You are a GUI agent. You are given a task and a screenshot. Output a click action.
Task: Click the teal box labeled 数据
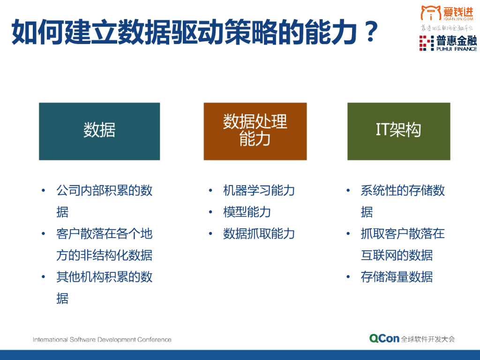tap(99, 131)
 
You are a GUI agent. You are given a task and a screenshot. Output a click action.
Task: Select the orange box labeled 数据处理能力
tap(255, 131)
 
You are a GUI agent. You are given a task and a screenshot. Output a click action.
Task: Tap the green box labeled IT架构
tap(398, 131)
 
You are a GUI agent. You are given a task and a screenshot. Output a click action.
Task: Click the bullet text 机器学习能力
tap(259, 191)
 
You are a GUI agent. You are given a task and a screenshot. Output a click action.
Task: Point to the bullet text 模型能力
tap(247, 212)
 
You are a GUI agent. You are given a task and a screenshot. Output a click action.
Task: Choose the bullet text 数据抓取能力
tap(259, 234)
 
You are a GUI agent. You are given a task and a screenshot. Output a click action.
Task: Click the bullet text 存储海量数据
tap(397, 277)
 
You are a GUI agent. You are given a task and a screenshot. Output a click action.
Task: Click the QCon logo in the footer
tap(384, 338)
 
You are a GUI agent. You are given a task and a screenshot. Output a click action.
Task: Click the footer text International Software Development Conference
tap(102, 339)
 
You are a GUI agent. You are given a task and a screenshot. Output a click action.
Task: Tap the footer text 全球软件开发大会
tap(428, 339)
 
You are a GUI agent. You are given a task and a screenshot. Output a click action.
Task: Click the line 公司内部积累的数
tap(105, 191)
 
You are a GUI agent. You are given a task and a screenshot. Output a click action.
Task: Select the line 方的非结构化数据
tap(105, 255)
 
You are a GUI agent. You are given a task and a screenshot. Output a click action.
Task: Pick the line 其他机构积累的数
tap(105, 277)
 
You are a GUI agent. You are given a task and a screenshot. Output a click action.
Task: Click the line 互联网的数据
tap(397, 255)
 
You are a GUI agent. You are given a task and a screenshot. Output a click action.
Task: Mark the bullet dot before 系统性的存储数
tap(348, 191)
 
